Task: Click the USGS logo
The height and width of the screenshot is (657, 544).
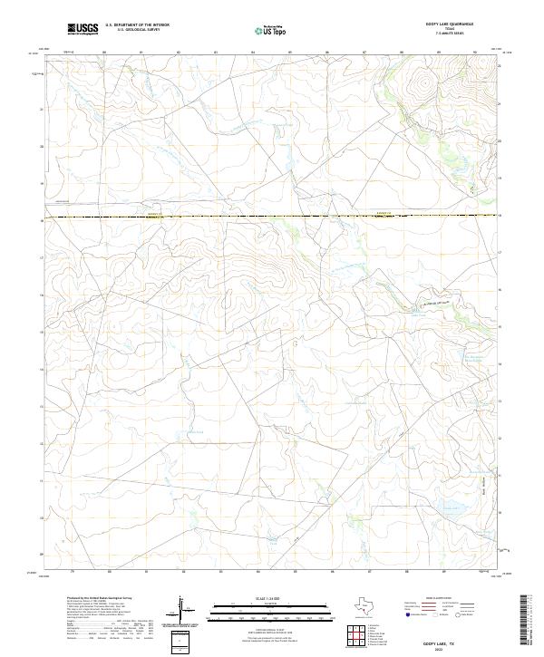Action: (82, 29)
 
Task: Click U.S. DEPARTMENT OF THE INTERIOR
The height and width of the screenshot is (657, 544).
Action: (137, 25)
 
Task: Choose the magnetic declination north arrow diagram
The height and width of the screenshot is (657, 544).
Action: (181, 609)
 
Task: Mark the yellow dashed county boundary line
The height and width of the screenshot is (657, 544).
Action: (272, 217)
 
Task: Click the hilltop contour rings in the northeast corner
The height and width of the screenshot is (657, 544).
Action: (421, 86)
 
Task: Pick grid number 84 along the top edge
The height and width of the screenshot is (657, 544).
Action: (253, 53)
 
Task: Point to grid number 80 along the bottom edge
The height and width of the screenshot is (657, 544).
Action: (109, 572)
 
